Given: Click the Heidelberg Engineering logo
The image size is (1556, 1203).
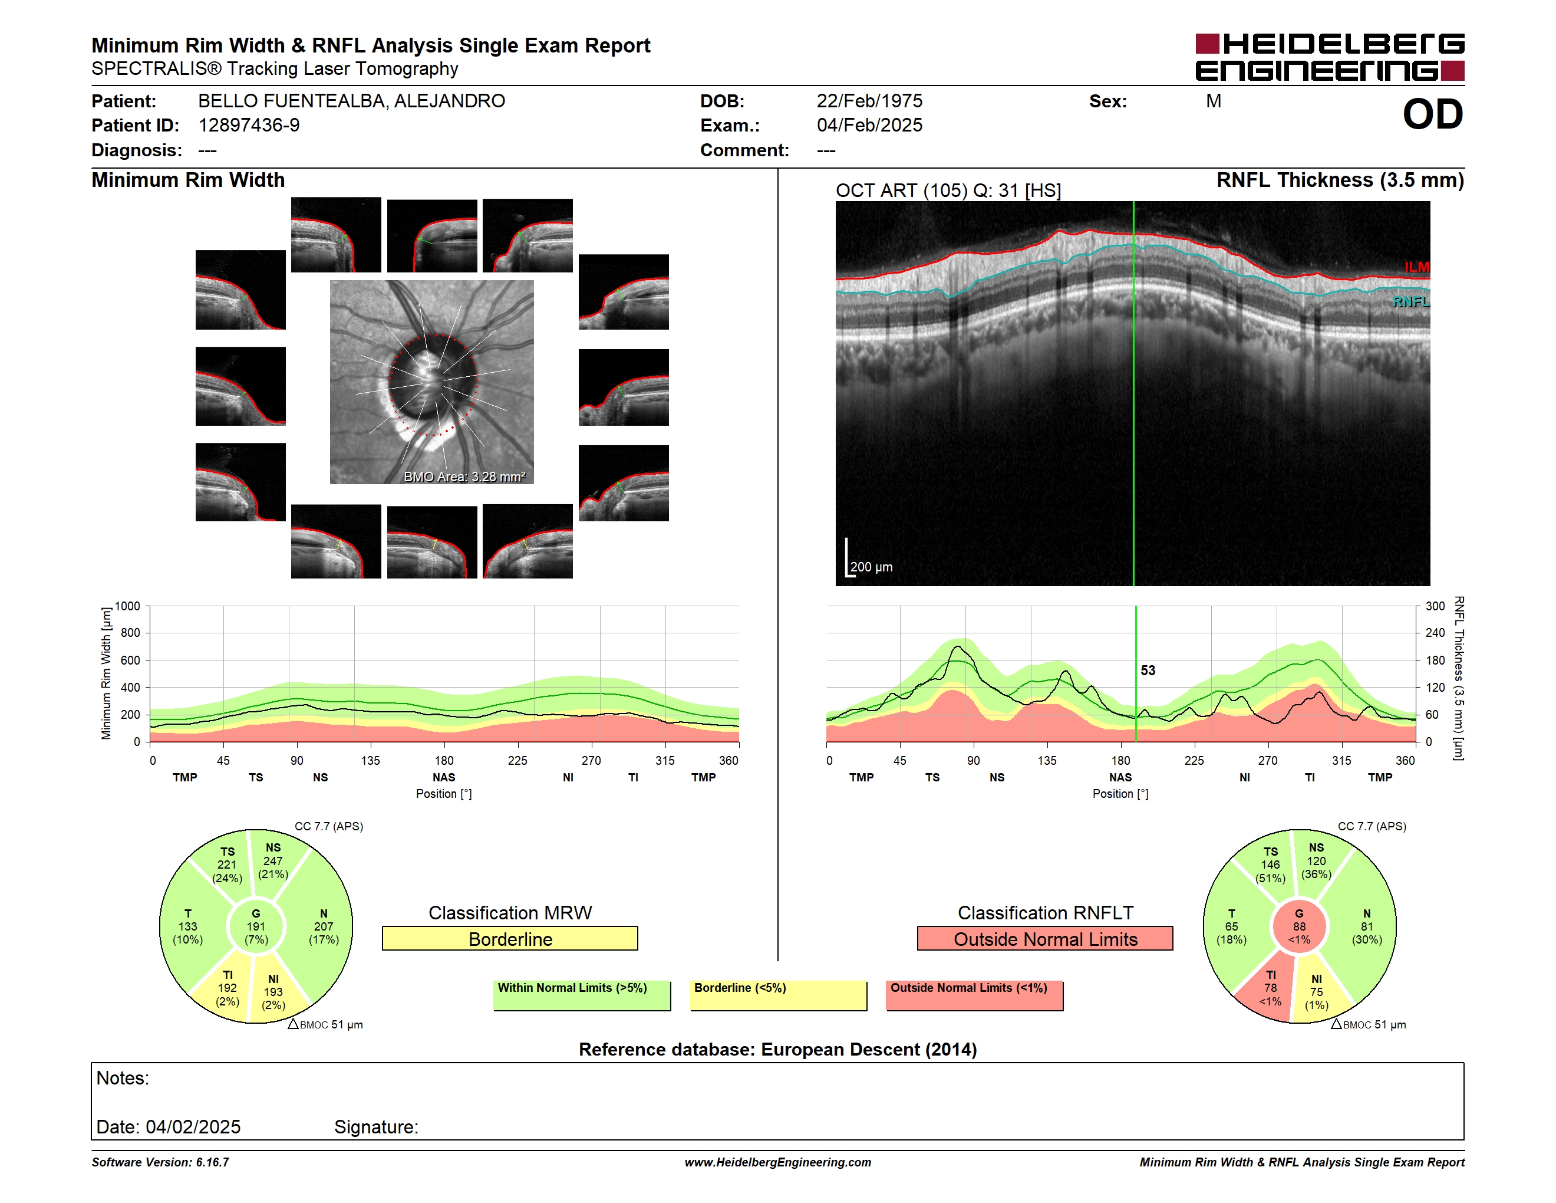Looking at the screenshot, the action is pos(1330,57).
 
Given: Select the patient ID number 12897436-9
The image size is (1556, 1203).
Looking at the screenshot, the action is pos(249,126).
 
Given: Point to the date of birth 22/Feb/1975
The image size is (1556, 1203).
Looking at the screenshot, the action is pos(869,101).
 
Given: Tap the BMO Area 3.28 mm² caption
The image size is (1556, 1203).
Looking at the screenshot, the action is pos(464,477).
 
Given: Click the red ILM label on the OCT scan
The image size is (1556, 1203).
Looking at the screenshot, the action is pos(1416,267).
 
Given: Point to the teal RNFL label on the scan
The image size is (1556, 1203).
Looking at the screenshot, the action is pos(1410,302).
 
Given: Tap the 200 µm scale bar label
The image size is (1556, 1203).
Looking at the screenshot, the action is pos(871,567).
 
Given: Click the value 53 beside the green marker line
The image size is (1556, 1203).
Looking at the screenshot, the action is pos(1148,670).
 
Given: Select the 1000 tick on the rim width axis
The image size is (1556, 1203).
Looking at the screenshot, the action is pos(127,606).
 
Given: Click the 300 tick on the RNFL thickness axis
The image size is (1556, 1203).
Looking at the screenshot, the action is pos(1436,606).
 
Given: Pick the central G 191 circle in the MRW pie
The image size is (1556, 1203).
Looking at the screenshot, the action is pos(256,926).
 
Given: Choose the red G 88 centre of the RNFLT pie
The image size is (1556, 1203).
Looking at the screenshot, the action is pos(1300,926).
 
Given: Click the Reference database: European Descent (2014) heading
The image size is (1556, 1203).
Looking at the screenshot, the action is pos(778,1050).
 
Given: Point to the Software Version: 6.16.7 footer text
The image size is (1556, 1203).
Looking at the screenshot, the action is pos(160,1162).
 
